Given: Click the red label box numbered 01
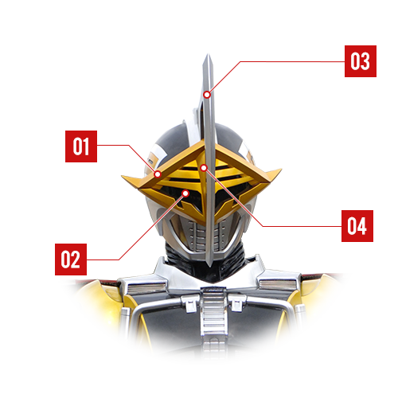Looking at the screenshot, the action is (x=81, y=146).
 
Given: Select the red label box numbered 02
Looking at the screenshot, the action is (x=71, y=259).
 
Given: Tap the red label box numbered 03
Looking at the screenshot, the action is (x=361, y=61).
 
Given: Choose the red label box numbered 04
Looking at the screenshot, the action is (x=357, y=226).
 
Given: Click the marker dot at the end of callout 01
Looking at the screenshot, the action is (x=158, y=174).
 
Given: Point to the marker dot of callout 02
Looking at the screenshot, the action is (x=185, y=193).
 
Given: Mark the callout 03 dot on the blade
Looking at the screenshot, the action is (x=207, y=95).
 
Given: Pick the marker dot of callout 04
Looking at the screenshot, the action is (x=204, y=168).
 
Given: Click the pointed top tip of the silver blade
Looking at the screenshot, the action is (x=208, y=54).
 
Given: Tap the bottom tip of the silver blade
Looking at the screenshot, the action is (x=210, y=266).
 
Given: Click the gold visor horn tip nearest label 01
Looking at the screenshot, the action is (x=123, y=176).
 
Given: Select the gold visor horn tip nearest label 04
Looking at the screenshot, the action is (x=280, y=170).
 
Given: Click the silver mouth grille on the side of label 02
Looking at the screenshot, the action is (x=196, y=235).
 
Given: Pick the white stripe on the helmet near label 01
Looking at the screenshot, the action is (x=157, y=157).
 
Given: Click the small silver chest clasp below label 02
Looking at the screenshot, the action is (x=190, y=303).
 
